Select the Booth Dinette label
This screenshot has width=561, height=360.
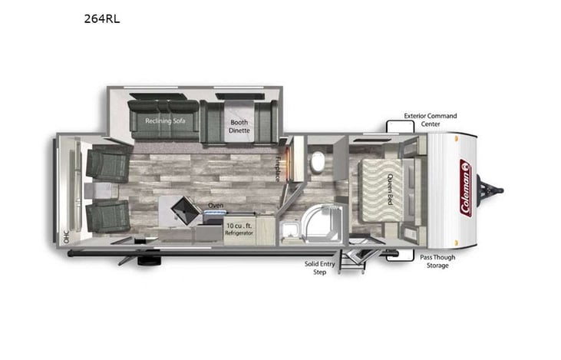tap(239, 126)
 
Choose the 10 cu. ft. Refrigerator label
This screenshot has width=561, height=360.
tap(238, 229)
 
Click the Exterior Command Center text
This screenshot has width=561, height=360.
tap(430, 121)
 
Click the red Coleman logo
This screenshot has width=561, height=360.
tap(465, 188)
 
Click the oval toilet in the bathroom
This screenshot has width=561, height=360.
tap(316, 161)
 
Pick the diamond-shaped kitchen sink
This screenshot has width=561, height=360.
tap(182, 207)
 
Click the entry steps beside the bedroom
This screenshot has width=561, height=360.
tap(355, 261)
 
